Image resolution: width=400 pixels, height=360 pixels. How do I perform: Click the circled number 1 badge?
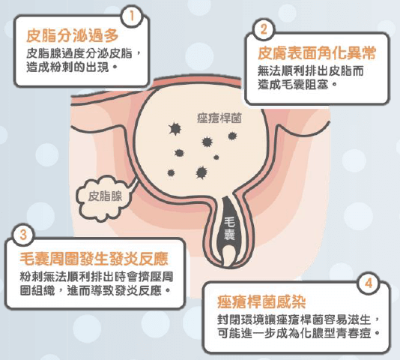coord(132,16)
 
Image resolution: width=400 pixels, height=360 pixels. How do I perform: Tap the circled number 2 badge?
coord(264,29)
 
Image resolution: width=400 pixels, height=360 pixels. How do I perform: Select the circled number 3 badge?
coord(23,234)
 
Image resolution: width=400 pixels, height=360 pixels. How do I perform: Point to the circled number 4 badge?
coord(369,283)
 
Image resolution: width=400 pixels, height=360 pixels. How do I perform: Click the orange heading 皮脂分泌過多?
coord(73,35)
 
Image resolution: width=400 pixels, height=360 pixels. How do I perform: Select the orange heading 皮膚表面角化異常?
coord(317,53)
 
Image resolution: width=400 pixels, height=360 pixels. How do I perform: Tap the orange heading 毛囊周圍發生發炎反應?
coord(94,259)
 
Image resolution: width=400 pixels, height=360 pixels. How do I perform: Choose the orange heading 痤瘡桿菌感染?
coord(261,301)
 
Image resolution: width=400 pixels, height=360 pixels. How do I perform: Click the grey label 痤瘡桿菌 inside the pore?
coord(219,118)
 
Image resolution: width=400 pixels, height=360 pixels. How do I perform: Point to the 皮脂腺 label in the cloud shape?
coord(105,196)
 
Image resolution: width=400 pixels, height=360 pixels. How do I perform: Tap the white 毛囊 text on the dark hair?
coord(229,229)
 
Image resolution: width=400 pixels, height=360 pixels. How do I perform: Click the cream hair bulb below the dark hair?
coord(228,256)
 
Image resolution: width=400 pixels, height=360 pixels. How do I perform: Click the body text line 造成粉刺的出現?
coord(72,67)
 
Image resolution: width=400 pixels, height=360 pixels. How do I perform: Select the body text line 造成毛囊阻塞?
coord(298,85)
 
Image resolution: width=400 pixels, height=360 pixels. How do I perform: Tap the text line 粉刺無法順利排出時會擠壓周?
coord(97,277)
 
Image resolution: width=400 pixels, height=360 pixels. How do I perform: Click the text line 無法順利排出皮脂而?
coord(310,70)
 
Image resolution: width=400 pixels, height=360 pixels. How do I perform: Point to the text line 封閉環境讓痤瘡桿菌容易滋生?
coord(299,319)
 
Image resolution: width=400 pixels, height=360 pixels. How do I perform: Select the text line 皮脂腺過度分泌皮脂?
coord(83,53)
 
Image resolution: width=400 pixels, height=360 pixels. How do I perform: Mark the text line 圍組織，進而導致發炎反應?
coord(95,291)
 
